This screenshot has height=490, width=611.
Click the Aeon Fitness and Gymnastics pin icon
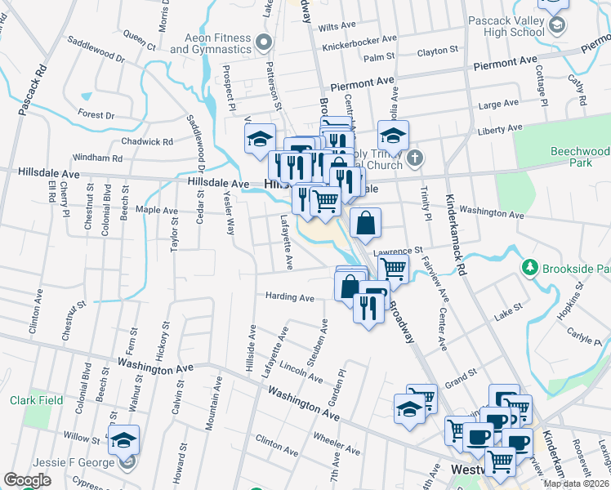click(x=263, y=41)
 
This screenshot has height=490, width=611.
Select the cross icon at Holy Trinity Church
click(x=415, y=157)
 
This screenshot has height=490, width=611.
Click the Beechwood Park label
click(x=579, y=157)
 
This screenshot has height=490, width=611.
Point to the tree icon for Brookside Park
click(x=530, y=267)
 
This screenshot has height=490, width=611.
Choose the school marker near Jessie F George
click(x=124, y=441)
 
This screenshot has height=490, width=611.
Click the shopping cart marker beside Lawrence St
click(x=394, y=269)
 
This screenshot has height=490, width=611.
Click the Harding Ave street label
click(x=289, y=297)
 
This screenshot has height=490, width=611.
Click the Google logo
click(x=27, y=480)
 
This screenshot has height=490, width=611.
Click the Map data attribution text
click(x=577, y=483)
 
